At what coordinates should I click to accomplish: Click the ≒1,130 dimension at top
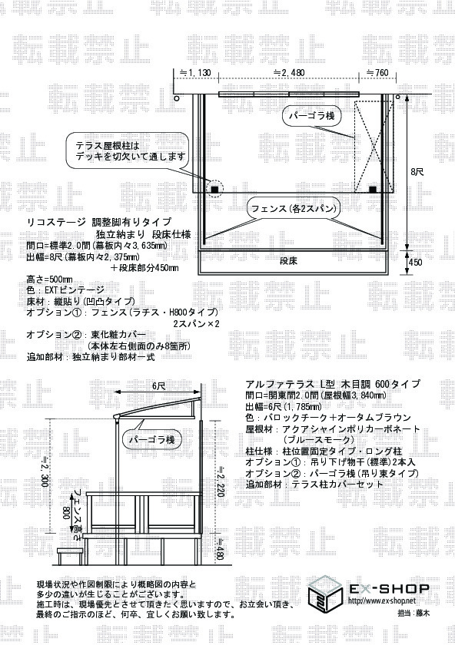(x=195, y=73)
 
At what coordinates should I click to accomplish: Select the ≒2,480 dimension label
(x=289, y=73)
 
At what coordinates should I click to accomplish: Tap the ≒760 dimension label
(x=377, y=73)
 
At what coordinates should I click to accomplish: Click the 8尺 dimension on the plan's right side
(x=417, y=172)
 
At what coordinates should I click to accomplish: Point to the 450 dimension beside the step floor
(x=416, y=262)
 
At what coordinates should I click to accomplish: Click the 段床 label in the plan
(x=288, y=261)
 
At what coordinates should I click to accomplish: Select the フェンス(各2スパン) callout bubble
(x=294, y=209)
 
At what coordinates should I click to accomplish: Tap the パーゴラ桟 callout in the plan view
(x=311, y=116)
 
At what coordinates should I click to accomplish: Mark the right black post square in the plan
(x=373, y=189)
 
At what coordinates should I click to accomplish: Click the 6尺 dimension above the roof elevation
(x=158, y=385)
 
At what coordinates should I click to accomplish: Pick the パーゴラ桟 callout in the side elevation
(x=152, y=440)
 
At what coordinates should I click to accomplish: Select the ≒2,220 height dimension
(x=221, y=481)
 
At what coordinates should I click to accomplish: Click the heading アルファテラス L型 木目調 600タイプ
(x=333, y=384)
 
